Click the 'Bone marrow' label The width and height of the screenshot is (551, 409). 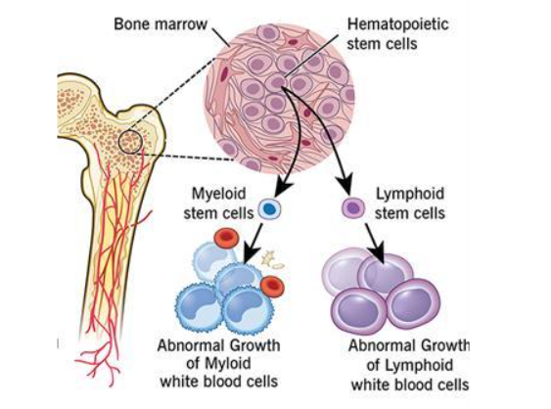tap(161, 24)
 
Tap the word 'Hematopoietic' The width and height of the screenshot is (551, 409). tap(397, 24)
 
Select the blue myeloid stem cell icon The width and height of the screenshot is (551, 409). tap(269, 209)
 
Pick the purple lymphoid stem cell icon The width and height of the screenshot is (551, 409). tap(353, 208)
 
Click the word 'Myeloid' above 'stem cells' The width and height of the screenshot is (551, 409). tap(218, 194)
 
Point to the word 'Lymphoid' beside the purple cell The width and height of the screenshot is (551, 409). tap(410, 194)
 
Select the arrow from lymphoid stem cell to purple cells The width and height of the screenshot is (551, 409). tap(375, 244)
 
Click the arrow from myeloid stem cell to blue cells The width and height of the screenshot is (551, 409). tap(253, 244)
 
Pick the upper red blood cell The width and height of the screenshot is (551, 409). tap(227, 238)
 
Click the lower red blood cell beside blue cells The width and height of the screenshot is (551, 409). tap(272, 287)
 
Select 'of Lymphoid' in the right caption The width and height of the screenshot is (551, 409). tap(409, 365)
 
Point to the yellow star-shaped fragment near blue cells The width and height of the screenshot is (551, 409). tap(268, 257)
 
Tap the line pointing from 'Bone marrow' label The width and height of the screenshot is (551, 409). tap(221, 37)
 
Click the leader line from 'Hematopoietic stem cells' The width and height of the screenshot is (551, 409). tap(312, 55)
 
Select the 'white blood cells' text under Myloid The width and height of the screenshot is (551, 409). tap(219, 382)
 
